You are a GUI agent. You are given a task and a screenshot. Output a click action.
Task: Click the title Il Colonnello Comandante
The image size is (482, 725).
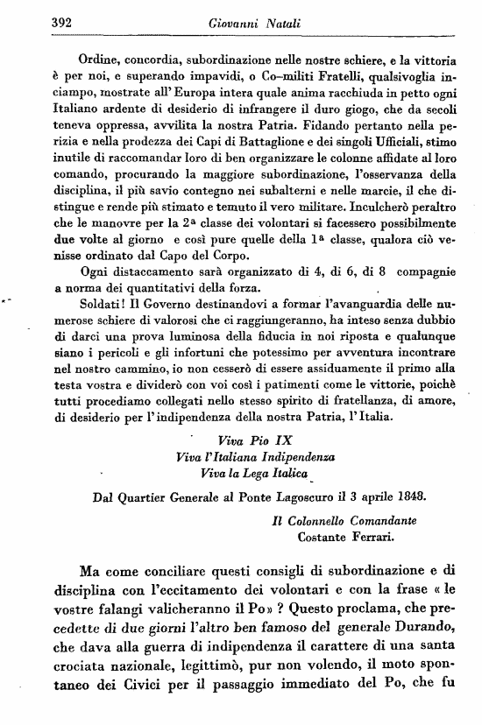(344, 518)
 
